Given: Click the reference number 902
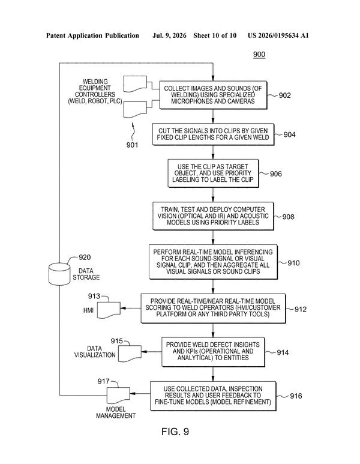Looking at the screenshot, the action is click(x=284, y=95).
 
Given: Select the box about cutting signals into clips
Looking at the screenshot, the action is click(x=213, y=134).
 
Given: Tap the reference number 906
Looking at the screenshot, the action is click(x=275, y=173).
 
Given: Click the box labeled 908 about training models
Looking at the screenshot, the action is click(x=213, y=216).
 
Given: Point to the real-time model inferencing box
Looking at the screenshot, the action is click(x=213, y=262).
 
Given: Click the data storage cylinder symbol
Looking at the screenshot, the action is click(x=59, y=274).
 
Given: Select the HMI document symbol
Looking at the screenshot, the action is click(x=109, y=310).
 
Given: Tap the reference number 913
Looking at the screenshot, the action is click(x=94, y=296).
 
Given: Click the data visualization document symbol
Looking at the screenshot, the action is click(x=130, y=354).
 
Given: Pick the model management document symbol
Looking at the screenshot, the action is click(x=118, y=396).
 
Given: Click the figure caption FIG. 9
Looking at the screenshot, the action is click(x=175, y=432).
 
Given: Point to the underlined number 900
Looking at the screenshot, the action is click(x=259, y=55).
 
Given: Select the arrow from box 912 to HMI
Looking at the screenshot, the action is click(x=131, y=308).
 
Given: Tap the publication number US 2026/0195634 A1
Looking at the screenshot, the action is click(x=278, y=35).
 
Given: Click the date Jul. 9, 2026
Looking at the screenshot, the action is click(x=169, y=35).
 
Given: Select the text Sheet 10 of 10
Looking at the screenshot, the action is click(x=215, y=35).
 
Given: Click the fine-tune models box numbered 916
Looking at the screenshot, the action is click(x=213, y=396).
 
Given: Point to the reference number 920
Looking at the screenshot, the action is click(x=85, y=257).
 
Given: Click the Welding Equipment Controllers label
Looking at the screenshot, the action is click(x=95, y=91).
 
